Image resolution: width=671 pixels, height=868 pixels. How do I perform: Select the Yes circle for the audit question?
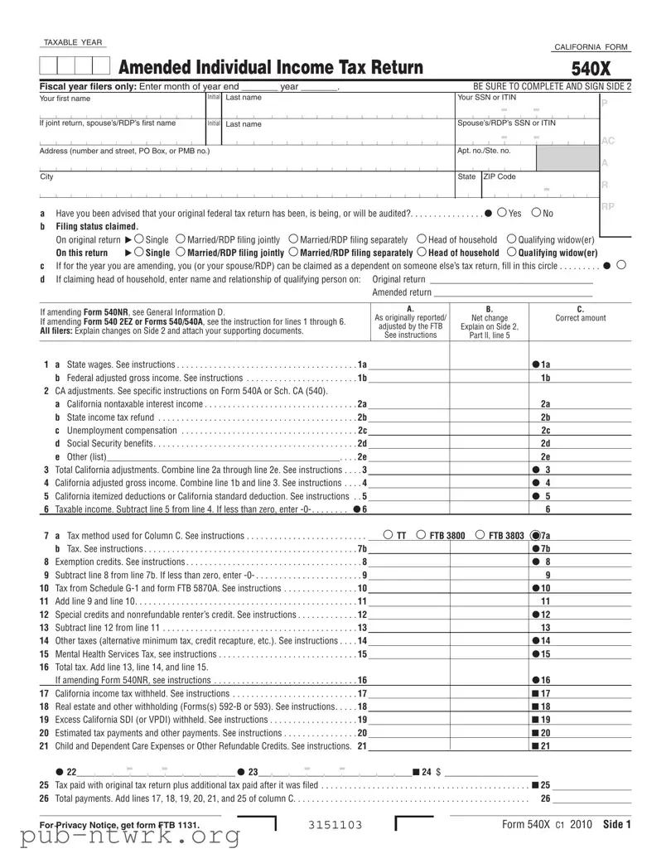tap(503, 213)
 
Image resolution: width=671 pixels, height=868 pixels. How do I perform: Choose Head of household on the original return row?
tap(422, 239)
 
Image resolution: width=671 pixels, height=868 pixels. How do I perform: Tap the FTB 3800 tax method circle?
tap(421, 535)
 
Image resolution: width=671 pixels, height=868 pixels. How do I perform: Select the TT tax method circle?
tap(389, 535)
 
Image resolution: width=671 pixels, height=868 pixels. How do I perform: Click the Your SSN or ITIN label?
tap(486, 98)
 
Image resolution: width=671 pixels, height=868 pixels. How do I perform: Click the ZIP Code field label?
tap(500, 176)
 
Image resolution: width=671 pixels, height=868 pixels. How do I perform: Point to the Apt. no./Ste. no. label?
tap(484, 151)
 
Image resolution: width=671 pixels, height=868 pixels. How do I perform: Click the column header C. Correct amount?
tap(580, 314)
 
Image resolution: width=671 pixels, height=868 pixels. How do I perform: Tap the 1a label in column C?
tap(545, 364)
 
